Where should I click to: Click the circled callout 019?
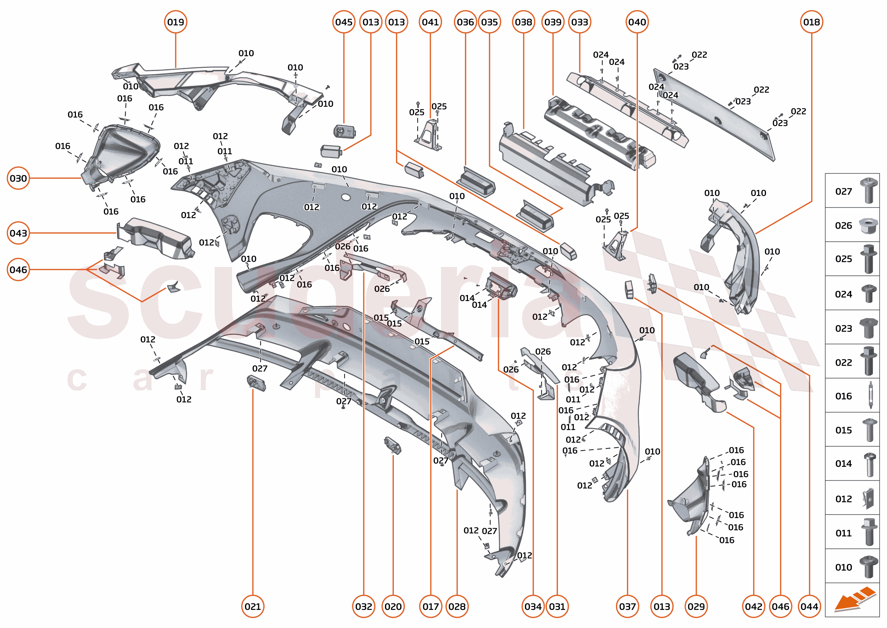coord(176,22)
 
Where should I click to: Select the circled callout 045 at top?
coord(343,22)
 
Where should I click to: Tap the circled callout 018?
coord(811,22)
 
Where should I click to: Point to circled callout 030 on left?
coord(18,178)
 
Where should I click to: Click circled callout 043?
coord(18,233)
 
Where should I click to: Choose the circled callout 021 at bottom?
coord(253,606)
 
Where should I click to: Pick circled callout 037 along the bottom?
coord(627,606)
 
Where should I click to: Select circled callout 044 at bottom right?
coord(809,606)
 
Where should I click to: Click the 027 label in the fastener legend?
coord(843,192)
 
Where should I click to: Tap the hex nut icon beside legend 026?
coord(868,225)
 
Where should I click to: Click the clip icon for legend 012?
coord(868,499)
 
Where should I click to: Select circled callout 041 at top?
coord(430,22)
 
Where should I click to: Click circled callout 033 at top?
coord(580,22)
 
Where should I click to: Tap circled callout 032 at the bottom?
coord(364,606)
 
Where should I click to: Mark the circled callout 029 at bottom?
coord(696,606)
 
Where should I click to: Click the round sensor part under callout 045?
coord(344,131)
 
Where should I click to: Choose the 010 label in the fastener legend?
coord(843,567)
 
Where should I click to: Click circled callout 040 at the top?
coord(637,22)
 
